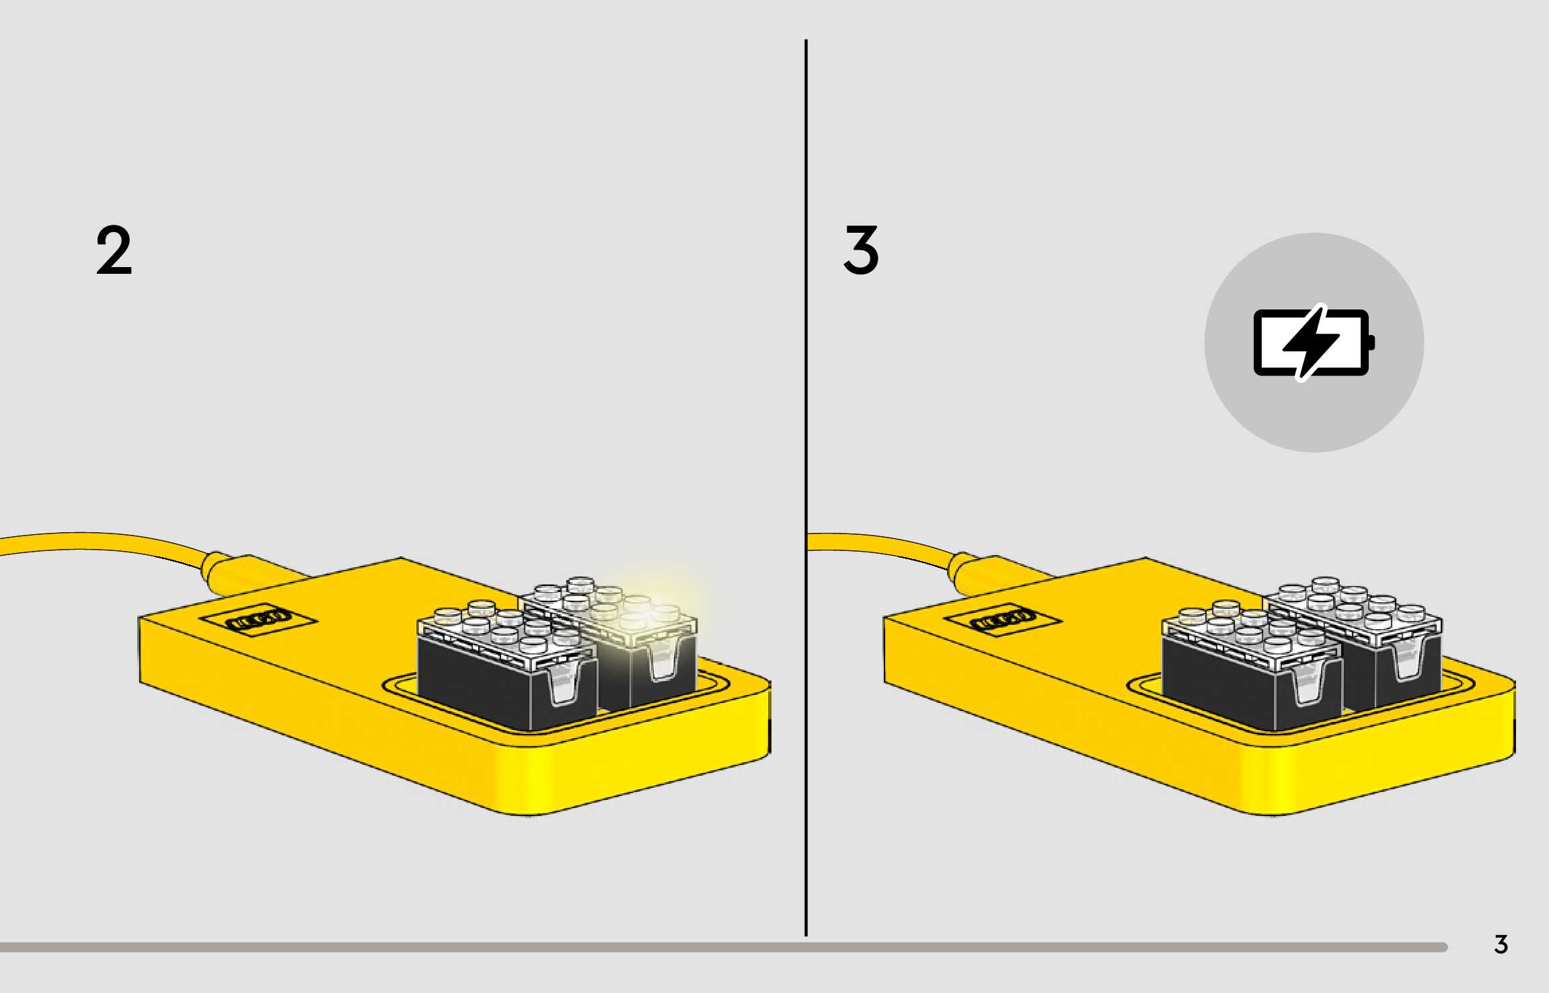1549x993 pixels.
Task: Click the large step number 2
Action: pyautogui.click(x=114, y=251)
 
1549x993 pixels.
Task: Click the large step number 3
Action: pyautogui.click(x=861, y=251)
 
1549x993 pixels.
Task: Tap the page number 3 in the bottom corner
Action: pyautogui.click(x=1501, y=945)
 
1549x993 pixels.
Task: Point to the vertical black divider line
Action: pyautogui.click(x=806, y=471)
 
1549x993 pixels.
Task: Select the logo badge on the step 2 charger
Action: pyautogui.click(x=260, y=619)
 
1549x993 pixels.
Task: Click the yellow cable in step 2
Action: pyautogui.click(x=101, y=542)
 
